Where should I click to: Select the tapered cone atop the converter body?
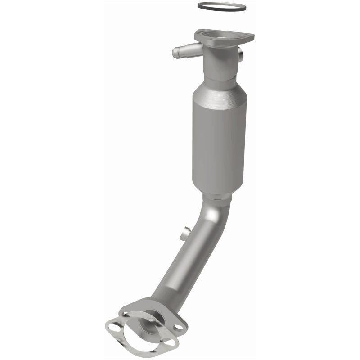pyautogui.click(x=218, y=85)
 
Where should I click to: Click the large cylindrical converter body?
pyautogui.click(x=218, y=139)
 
